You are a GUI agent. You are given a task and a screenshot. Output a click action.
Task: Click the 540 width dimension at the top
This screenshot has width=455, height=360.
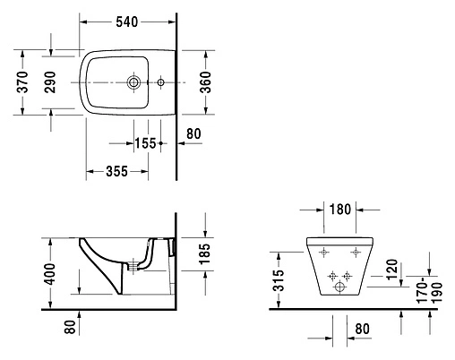(127, 23)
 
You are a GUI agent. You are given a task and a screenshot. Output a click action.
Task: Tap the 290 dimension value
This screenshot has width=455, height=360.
(50, 83)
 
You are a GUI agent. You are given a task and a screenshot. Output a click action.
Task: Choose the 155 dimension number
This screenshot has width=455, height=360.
(146, 143)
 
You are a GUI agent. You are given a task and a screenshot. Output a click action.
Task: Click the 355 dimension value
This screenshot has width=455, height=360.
(111, 171)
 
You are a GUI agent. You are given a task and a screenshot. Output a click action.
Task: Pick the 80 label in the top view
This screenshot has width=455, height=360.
(193, 134)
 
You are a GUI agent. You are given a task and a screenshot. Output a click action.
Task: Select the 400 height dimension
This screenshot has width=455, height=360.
(51, 270)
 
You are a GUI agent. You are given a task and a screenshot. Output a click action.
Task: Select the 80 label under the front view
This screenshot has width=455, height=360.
(363, 330)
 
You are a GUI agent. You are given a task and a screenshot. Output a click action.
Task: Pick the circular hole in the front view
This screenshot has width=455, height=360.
(339, 289)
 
